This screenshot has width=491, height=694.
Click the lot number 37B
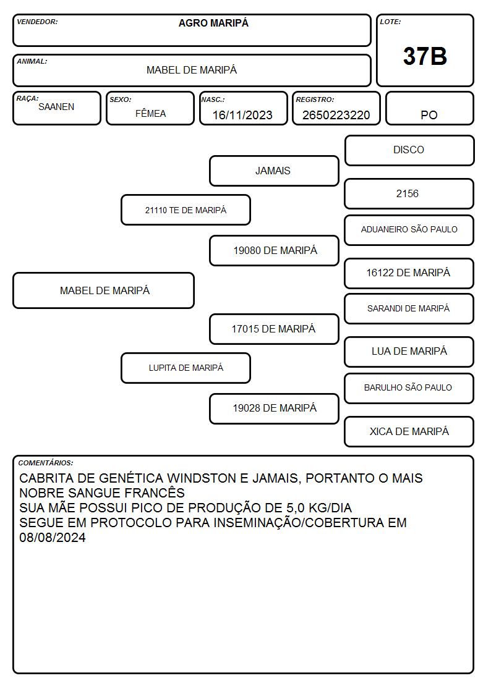tap(425, 57)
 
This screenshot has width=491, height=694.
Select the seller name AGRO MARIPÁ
tap(213, 23)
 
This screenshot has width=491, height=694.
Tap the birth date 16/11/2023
tap(242, 115)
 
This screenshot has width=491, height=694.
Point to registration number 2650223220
tap(336, 115)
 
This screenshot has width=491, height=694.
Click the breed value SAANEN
tap(56, 107)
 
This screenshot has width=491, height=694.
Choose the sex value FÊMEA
tap(150, 113)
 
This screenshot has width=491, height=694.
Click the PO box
tap(429, 108)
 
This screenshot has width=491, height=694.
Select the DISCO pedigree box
tap(409, 151)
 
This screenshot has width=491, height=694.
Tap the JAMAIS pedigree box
tap(274, 171)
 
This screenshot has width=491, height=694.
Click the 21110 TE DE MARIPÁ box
tap(186, 209)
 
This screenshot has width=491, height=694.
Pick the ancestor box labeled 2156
tap(409, 193)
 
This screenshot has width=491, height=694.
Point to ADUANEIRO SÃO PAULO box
tap(409, 230)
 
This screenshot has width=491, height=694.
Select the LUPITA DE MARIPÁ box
tap(186, 368)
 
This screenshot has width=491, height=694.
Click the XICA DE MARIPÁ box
tap(409, 431)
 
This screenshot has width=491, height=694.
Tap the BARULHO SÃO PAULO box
tap(409, 388)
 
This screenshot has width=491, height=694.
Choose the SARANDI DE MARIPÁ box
tap(409, 308)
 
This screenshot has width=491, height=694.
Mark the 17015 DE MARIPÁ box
tap(274, 329)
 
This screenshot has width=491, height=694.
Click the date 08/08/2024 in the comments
tap(52, 537)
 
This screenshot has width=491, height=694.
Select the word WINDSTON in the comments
tap(202, 478)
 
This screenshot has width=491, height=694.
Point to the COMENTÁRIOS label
tap(46, 463)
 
